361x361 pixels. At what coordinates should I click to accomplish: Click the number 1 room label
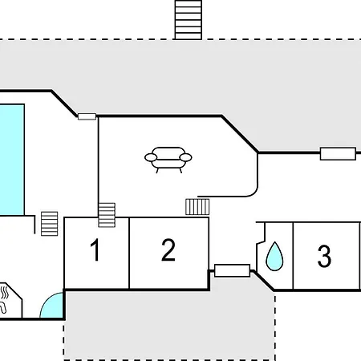pos(95,249)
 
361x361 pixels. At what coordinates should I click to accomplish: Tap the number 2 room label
pos(168,249)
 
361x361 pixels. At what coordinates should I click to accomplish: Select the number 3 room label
pos(324,256)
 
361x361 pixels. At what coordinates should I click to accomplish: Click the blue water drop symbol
pos(274,256)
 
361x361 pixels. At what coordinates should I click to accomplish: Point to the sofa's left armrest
pos(151,157)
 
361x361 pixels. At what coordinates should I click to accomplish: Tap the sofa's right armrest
pos(186,157)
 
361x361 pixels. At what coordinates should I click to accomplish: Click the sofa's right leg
pos(180,170)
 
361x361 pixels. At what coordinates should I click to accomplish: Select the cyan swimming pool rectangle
pos(12,160)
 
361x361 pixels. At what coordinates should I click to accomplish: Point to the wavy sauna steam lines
pos(4,293)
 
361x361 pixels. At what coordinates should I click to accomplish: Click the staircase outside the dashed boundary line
pos(189,20)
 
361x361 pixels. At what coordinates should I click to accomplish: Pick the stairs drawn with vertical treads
pos(197,207)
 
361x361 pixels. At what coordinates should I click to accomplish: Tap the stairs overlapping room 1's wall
pos(107,215)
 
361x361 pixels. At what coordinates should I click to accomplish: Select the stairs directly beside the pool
pos(50,224)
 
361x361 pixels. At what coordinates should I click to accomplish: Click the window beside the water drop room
pos(232,270)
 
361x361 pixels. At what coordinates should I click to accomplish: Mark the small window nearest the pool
pos(87,116)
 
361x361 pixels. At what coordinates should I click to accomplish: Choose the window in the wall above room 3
pos(338,154)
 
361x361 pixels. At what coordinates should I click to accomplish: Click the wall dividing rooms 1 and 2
pos(129,254)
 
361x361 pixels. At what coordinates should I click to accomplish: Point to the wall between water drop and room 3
pos(293,256)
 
